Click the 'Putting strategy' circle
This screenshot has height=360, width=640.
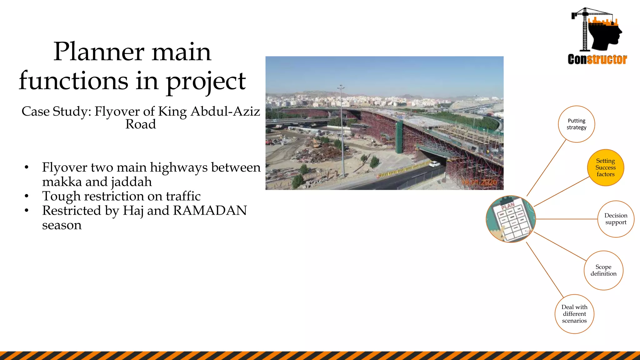[576, 124]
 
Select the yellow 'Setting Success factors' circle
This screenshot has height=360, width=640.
[605, 167]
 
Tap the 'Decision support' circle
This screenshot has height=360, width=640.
[616, 219]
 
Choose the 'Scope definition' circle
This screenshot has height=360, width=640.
[603, 270]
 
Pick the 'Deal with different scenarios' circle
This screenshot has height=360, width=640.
[574, 314]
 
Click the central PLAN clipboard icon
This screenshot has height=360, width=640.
[511, 219]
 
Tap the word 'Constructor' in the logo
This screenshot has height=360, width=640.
[597, 59]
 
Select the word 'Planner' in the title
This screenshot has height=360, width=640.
[98, 52]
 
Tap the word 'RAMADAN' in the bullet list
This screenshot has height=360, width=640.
[210, 211]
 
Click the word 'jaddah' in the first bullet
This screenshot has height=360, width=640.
[131, 182]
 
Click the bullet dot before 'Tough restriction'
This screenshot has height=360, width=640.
[27, 196]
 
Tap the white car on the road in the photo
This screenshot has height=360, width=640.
[434, 163]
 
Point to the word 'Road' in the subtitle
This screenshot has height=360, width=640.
[141, 124]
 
